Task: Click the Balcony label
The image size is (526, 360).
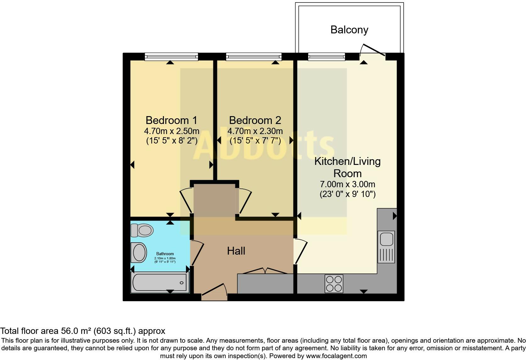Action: [x=349, y=30]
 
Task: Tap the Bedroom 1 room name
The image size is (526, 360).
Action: [x=171, y=120]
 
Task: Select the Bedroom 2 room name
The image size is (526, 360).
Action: [x=255, y=120]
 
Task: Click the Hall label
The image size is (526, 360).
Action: [x=236, y=251]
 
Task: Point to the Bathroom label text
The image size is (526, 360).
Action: [x=165, y=254]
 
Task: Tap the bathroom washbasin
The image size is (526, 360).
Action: [x=139, y=252]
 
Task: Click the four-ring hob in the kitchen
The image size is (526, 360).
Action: [x=334, y=284]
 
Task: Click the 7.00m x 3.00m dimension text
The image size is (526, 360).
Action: [x=347, y=184]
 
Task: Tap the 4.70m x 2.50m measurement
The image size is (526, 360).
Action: [x=171, y=131]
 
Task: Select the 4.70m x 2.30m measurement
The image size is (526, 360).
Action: [x=255, y=131]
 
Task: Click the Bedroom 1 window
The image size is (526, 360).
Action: [x=171, y=57]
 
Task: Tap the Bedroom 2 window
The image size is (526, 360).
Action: [x=254, y=57]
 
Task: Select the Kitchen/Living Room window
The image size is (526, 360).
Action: [x=327, y=57]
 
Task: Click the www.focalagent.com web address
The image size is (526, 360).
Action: [x=336, y=356]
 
